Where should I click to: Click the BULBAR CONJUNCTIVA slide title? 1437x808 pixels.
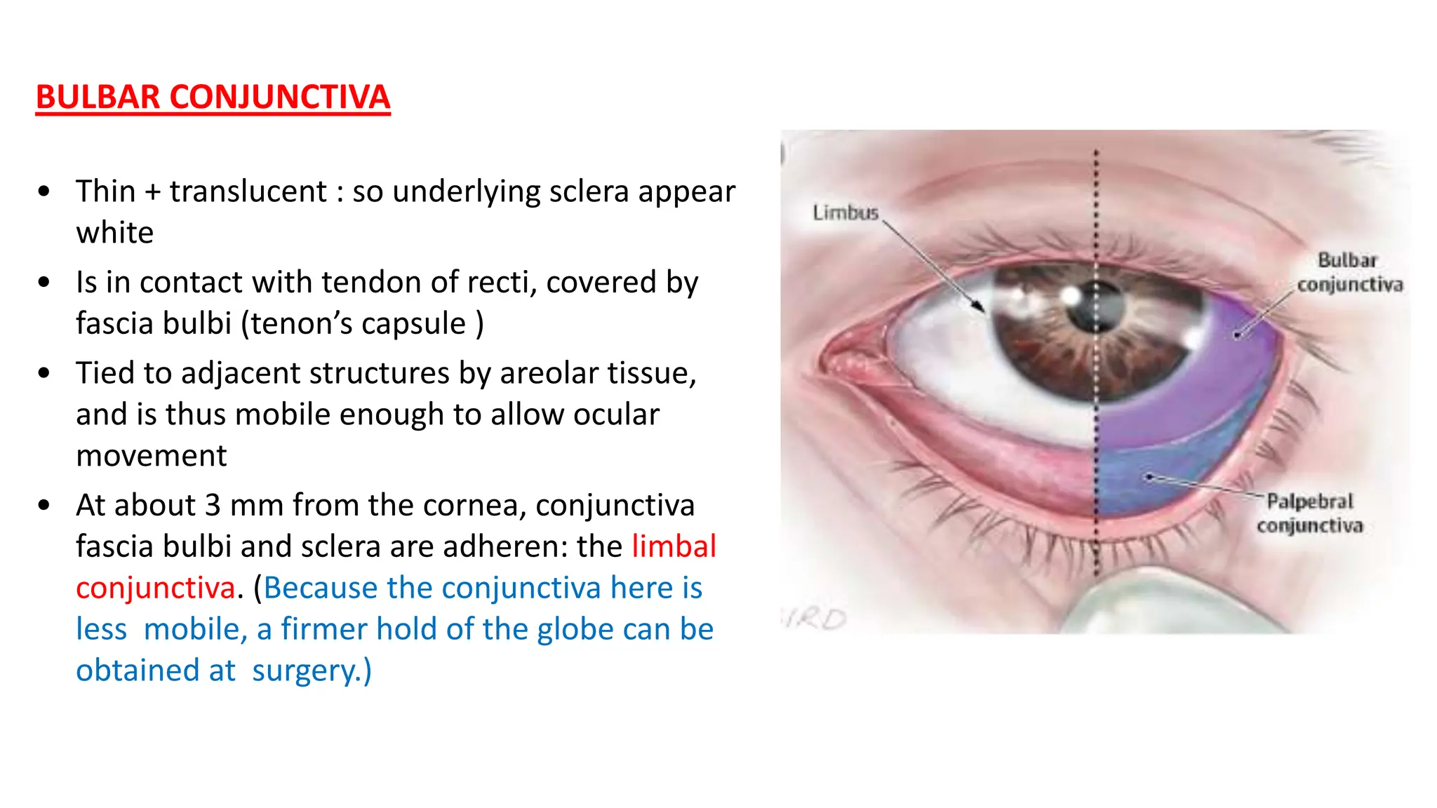(213, 97)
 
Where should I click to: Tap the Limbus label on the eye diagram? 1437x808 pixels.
(846, 212)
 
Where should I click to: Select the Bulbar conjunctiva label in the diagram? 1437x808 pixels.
(1349, 272)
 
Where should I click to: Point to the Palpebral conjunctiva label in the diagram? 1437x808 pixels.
(1309, 513)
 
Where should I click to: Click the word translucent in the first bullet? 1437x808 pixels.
(248, 191)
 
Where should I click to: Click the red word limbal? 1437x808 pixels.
(674, 546)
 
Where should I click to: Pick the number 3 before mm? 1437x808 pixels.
(213, 505)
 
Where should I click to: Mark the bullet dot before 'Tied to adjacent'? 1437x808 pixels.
(44, 373)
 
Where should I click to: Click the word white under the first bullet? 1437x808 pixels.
(114, 233)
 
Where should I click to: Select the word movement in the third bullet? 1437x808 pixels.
(151, 456)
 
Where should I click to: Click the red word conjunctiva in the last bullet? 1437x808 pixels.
(155, 588)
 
